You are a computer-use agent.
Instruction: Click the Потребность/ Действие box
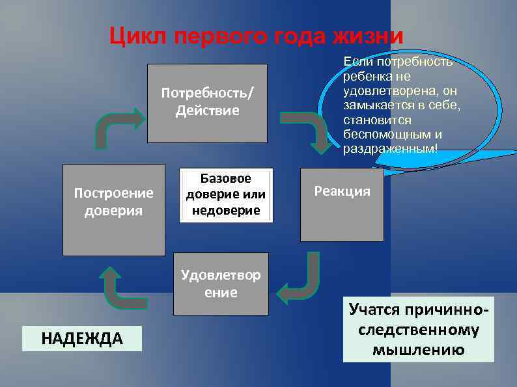(207, 103)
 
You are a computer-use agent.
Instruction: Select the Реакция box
(342, 205)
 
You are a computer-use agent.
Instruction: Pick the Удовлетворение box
(220, 284)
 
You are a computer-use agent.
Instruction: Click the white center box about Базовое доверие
(225, 194)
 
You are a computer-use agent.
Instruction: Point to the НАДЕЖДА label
(82, 338)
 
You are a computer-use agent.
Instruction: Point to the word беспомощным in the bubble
(393, 135)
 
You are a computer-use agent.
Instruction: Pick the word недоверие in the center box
(225, 210)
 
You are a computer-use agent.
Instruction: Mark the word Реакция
(342, 191)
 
